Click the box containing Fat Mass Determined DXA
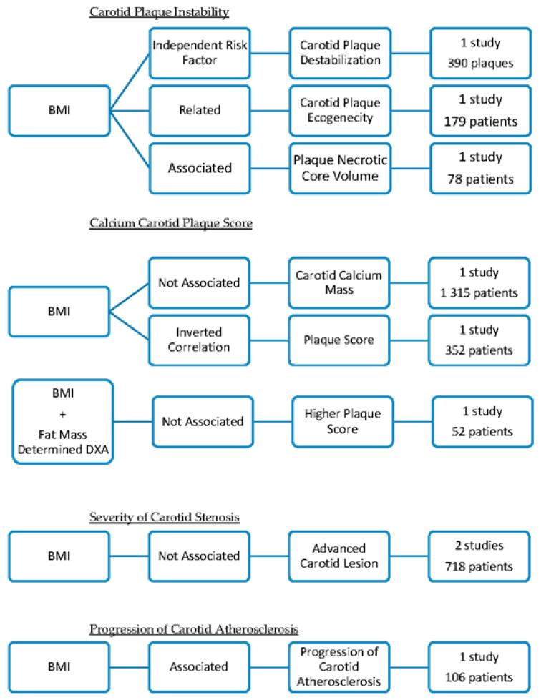coord(63,422)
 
